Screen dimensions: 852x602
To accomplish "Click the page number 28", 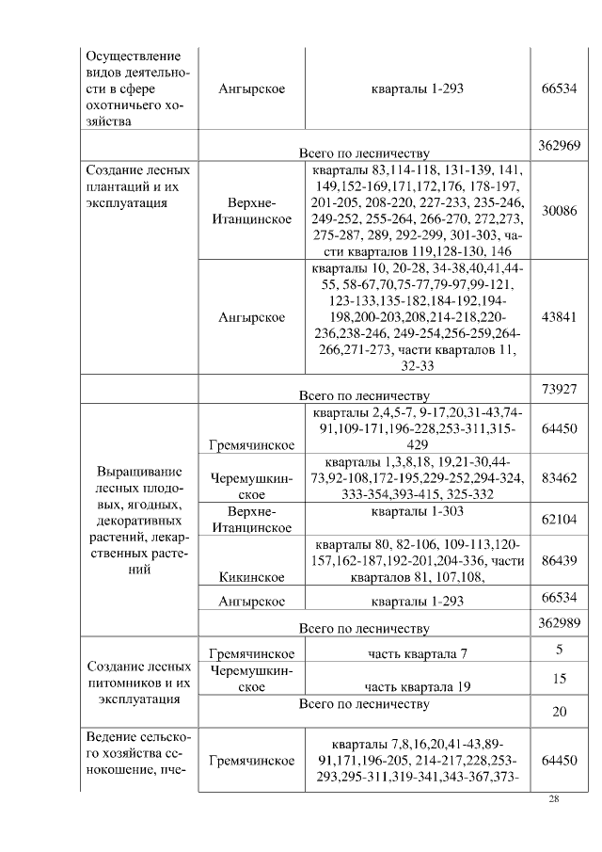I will (554, 799).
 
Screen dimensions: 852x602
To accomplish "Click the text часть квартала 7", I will (419, 654).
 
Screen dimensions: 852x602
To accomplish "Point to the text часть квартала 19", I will (419, 687).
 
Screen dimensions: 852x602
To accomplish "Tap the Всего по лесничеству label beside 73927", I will (364, 395).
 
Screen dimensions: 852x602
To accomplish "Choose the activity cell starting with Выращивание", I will (139, 520).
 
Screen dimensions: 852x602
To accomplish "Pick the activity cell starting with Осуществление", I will (139, 88).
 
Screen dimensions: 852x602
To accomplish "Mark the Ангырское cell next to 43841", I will (251, 317).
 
